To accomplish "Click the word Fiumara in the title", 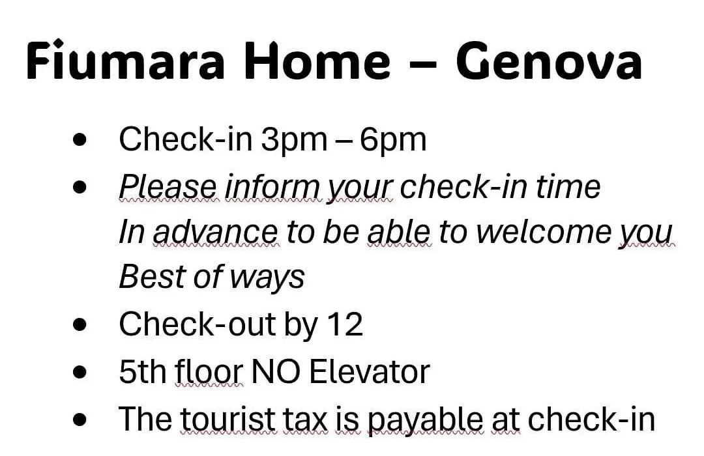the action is pos(125,61).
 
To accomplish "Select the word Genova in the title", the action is pos(549,61).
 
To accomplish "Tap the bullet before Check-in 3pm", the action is pos(80,139).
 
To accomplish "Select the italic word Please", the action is pos(168,187).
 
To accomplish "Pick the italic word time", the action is pos(568,186).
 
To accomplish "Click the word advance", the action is pos(216,232).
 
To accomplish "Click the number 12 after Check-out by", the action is pos(345,324).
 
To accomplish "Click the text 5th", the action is pos(143,371).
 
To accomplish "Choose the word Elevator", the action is pos(370,371).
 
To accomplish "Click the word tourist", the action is pos(227,418).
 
